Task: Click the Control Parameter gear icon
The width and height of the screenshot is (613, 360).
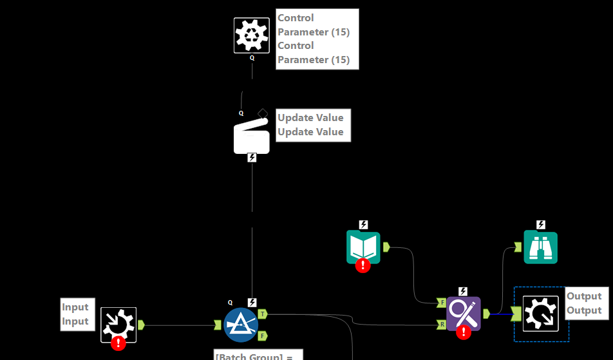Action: tap(251, 35)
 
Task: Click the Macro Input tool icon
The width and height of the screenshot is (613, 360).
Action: tap(118, 324)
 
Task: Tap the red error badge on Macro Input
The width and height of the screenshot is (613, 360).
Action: tap(118, 343)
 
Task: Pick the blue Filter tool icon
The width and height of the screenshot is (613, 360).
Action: tap(241, 325)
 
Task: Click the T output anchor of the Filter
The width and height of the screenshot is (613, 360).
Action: tap(263, 314)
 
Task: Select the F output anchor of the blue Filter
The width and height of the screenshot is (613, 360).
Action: tap(263, 336)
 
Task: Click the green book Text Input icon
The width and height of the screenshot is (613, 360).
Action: tap(363, 246)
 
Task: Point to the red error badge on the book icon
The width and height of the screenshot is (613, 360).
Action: tap(364, 265)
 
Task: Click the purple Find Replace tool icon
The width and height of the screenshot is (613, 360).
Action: tap(464, 313)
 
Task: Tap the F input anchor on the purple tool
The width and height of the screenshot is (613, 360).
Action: tap(441, 302)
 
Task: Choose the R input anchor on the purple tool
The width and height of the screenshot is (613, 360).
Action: tap(441, 324)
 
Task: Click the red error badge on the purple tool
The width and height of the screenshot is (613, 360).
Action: tap(464, 332)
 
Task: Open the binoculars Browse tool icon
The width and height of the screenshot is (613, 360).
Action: tap(541, 247)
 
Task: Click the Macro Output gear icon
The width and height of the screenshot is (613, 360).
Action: tap(540, 314)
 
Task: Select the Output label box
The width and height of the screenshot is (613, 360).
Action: tap(584, 303)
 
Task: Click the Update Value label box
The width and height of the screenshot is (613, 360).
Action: tap(310, 125)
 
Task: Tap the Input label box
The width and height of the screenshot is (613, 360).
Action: tap(75, 314)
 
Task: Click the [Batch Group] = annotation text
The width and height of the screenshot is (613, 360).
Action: tap(258, 355)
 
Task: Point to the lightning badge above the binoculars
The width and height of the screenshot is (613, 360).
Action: tap(541, 225)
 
